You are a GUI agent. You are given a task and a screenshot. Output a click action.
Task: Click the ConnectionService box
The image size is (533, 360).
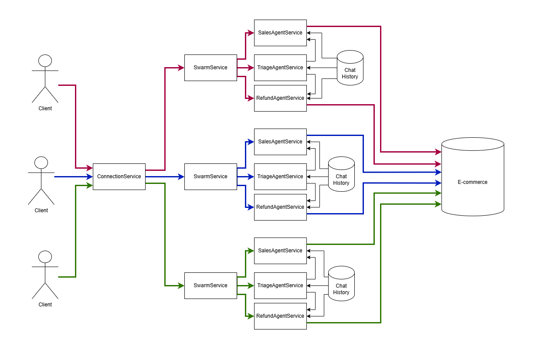119,177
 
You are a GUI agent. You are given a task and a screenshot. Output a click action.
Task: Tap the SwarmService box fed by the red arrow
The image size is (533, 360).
210,68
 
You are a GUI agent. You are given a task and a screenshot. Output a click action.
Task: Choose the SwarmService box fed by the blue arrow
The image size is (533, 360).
210,177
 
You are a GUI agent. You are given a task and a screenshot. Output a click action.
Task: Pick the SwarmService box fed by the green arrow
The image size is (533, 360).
210,285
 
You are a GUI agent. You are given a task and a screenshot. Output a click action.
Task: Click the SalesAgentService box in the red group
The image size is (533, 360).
280,33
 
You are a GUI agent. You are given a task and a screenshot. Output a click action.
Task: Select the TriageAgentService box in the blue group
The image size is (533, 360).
280,177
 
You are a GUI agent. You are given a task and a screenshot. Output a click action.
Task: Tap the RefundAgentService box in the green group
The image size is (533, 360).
280,316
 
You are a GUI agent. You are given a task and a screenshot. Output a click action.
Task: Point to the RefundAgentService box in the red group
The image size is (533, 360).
280,98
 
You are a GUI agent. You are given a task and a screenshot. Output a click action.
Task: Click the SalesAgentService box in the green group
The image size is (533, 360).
280,251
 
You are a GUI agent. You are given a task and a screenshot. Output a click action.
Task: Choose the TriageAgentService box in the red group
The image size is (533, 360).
280,68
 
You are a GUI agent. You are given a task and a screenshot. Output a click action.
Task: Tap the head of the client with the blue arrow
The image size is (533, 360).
41,163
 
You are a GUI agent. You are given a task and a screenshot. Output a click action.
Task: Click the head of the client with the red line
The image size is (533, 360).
45,60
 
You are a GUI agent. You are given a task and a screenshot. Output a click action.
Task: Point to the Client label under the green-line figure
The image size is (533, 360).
45,305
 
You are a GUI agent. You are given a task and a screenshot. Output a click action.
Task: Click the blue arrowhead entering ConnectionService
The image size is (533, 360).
90,177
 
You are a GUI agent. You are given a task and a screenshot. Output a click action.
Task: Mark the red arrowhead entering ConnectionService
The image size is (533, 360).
90,168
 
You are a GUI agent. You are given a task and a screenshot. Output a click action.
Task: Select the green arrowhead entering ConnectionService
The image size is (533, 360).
90,185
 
